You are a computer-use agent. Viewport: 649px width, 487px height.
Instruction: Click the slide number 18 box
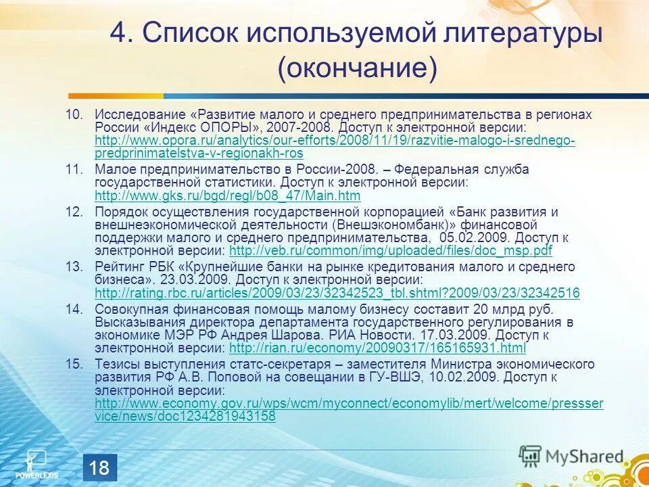pos(100,468)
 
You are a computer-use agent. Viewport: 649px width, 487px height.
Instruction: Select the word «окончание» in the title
pos(356,68)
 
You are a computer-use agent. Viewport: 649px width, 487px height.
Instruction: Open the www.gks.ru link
pos(228,196)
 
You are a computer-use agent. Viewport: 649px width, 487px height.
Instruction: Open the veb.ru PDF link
pos(391,251)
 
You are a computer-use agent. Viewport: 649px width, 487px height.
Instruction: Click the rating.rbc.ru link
pos(337,294)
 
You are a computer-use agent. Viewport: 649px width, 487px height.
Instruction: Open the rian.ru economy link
pos(377,348)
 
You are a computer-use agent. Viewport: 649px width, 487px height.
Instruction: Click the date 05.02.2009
pos(466,238)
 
